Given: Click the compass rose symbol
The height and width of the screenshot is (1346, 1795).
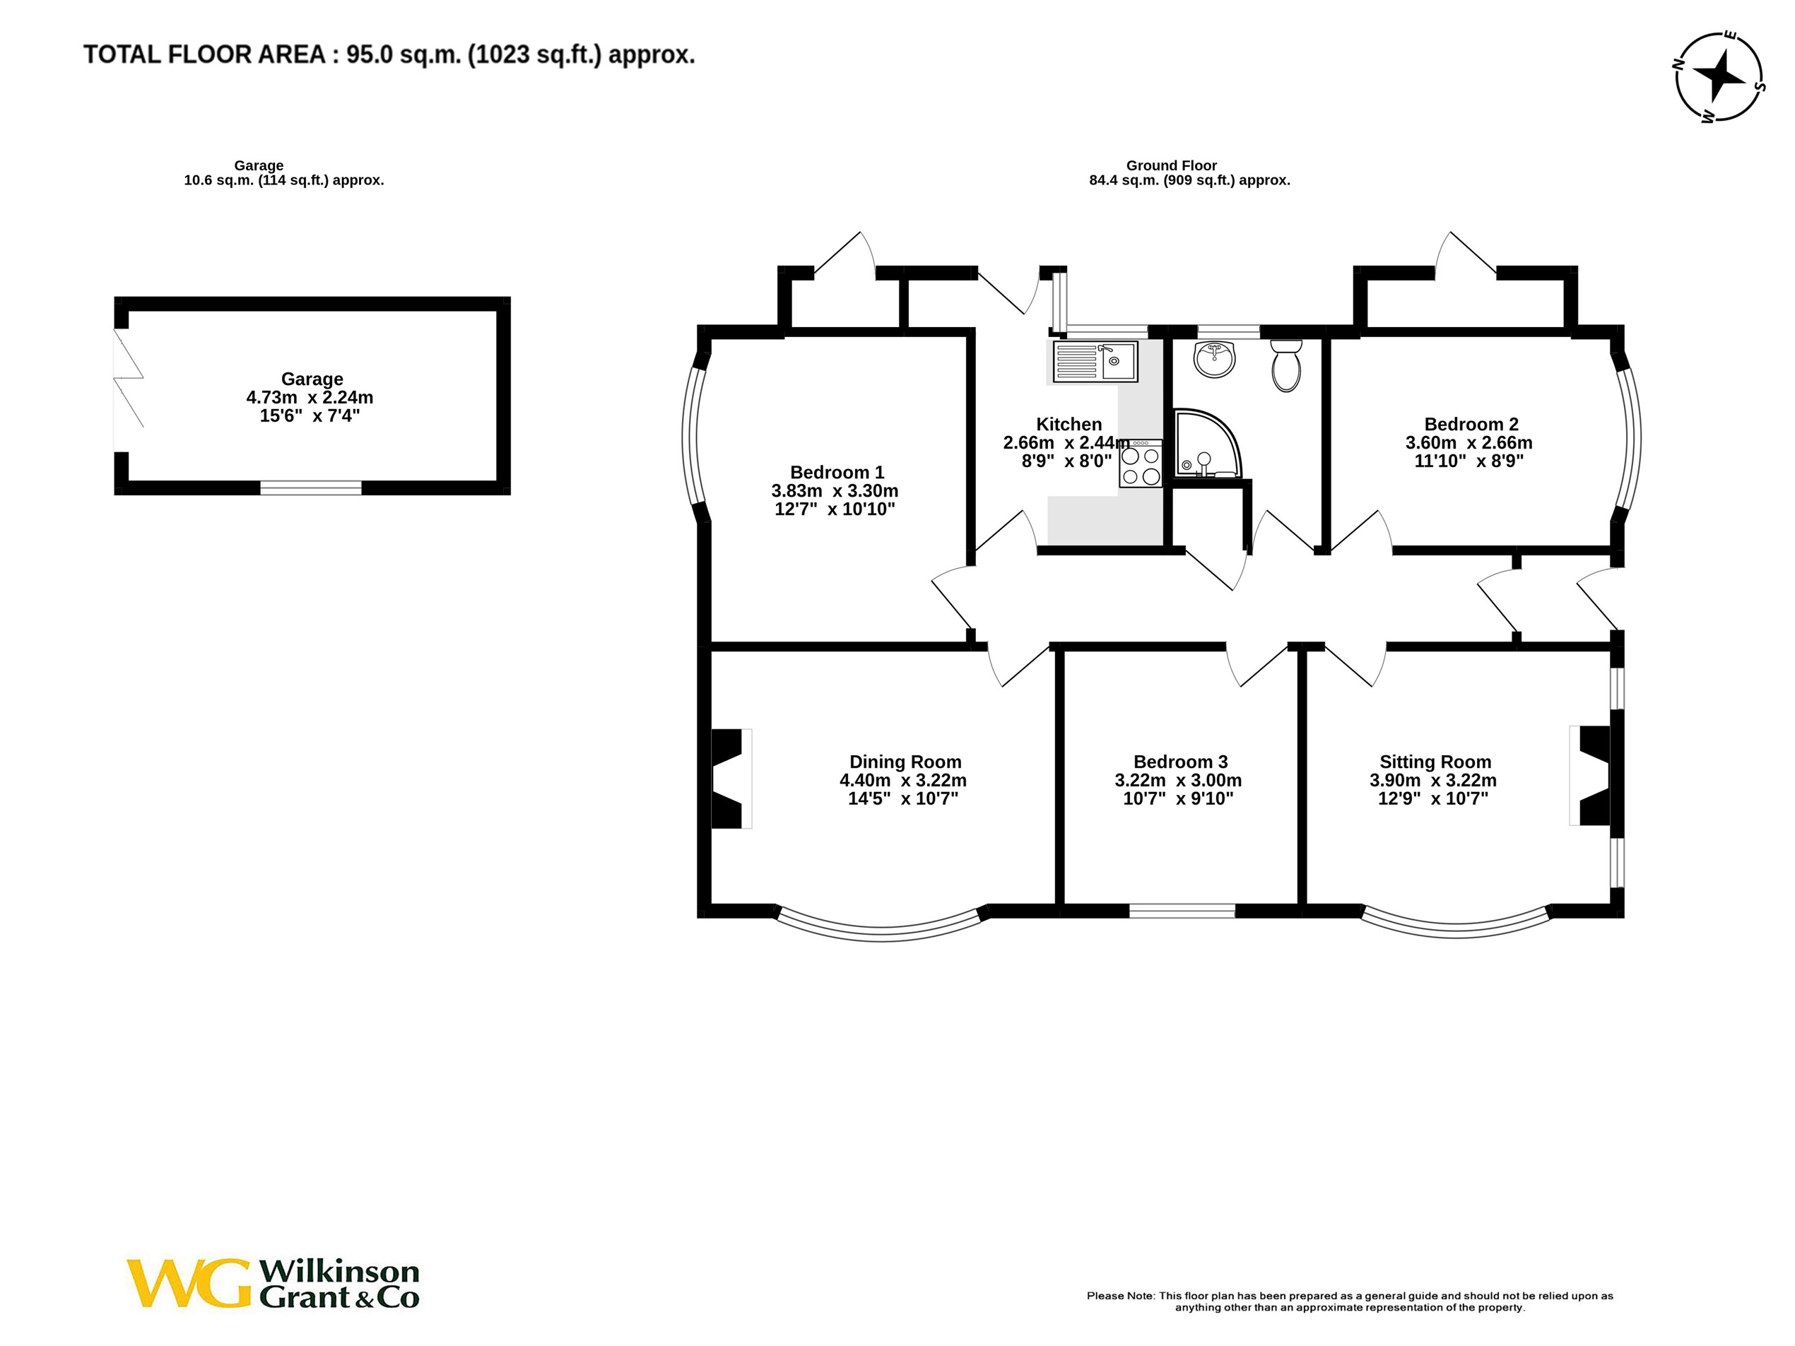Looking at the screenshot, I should click(x=1719, y=78).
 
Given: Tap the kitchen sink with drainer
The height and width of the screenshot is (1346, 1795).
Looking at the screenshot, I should click(x=1095, y=361).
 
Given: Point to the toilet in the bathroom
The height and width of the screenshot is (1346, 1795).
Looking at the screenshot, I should click(x=1285, y=366).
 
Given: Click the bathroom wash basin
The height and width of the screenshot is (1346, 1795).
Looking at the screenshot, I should click(x=1214, y=359).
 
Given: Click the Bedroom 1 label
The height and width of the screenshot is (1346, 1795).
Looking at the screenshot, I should click(x=837, y=472).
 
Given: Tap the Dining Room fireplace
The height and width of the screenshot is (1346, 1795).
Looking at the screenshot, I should click(x=728, y=779).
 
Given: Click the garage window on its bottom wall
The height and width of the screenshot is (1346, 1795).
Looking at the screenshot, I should click(x=310, y=488).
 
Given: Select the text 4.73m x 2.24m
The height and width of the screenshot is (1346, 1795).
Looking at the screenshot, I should click(x=310, y=398).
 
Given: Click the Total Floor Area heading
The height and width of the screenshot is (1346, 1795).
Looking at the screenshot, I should click(x=389, y=54).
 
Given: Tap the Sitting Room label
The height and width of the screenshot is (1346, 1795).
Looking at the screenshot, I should click(x=1435, y=762).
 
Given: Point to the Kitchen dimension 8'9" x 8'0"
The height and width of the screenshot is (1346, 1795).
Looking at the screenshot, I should click(x=1066, y=461).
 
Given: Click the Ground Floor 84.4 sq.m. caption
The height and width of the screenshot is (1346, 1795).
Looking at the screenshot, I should click(x=1189, y=180).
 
